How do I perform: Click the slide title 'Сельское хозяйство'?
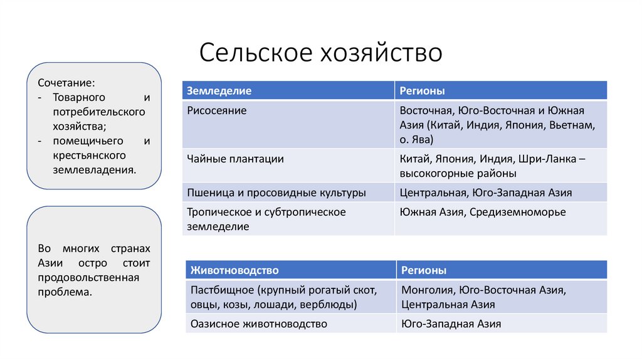pos(320,52)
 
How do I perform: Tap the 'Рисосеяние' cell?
pos(217,110)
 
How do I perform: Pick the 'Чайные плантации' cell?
pos(235,159)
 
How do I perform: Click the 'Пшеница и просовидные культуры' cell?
pos(276,193)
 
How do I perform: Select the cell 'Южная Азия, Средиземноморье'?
pos(482,212)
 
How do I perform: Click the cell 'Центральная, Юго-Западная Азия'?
pos(485,193)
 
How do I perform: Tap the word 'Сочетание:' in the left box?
pos(66,83)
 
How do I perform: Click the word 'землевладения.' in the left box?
pos(94,169)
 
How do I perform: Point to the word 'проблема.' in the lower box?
pos(65,292)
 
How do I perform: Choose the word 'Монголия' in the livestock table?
pos(426,290)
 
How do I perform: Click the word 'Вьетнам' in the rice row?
pos(571,125)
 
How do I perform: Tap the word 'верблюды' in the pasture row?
pos(332,305)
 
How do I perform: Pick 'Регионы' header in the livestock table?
pos(424,270)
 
